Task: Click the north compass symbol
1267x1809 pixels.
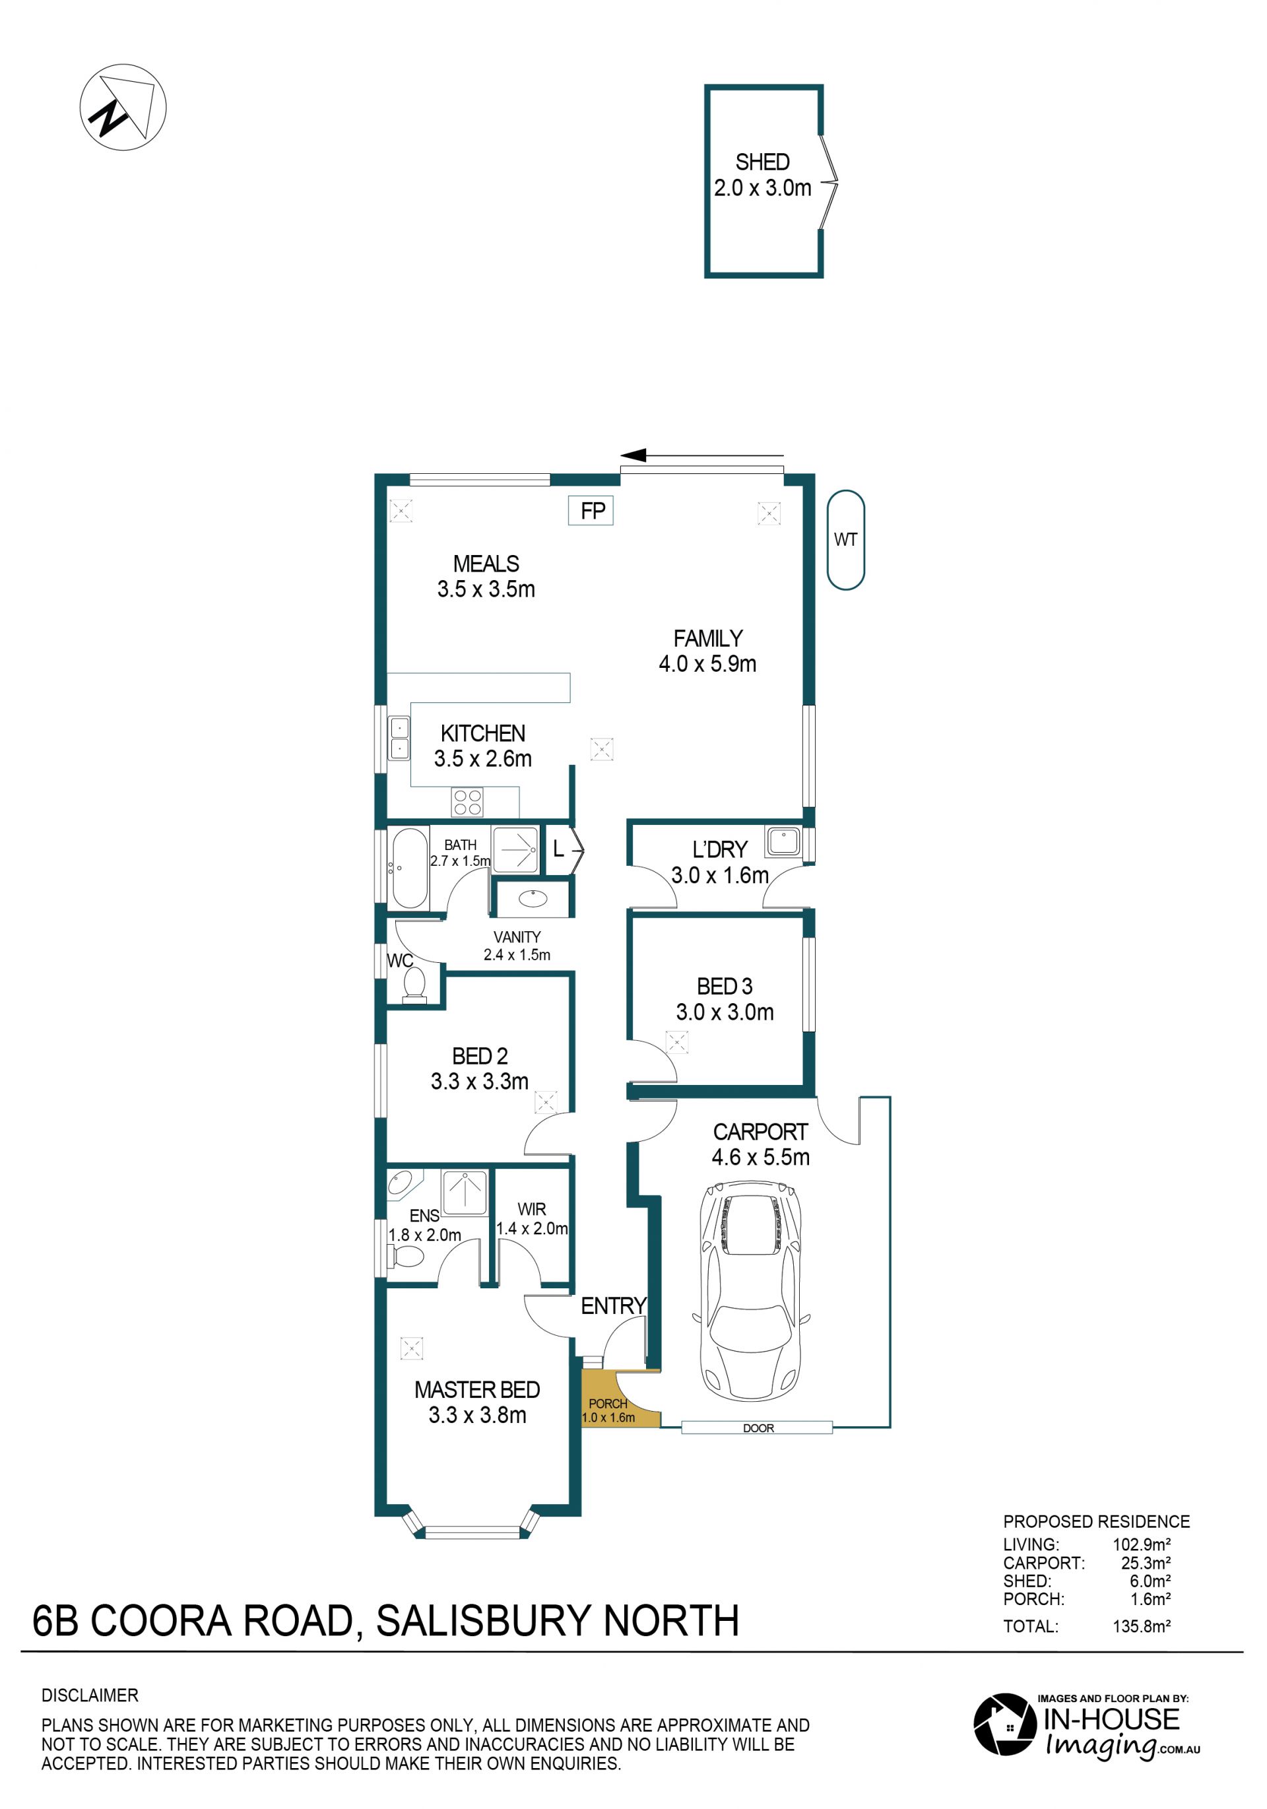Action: (123, 107)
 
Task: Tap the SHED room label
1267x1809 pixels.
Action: (762, 162)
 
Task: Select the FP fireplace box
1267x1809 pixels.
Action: (591, 511)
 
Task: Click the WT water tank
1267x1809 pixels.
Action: (845, 540)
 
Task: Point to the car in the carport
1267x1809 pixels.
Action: (751, 1290)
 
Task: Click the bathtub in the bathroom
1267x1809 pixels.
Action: (409, 869)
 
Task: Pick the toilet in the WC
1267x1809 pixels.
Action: (414, 984)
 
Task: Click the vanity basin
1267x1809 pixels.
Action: (533, 898)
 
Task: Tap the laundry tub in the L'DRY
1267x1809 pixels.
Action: (783, 841)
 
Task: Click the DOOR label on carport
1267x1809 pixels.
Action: (758, 1428)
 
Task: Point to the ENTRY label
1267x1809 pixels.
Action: (613, 1305)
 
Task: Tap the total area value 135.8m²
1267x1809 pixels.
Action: (1141, 1626)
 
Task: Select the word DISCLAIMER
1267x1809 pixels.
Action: (90, 1695)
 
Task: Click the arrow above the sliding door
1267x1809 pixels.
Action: (702, 455)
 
